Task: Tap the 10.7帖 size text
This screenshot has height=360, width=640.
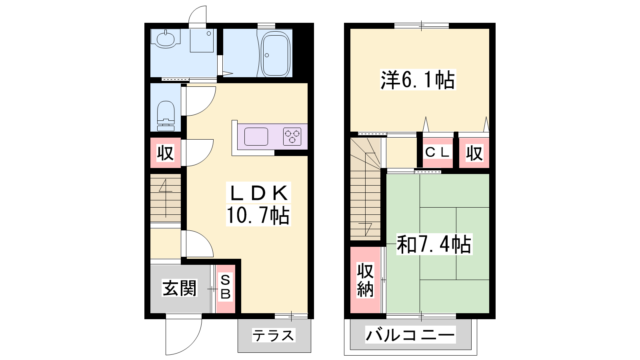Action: [258, 215]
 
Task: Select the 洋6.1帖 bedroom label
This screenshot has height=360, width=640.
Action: [418, 80]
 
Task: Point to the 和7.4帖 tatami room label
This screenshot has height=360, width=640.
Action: [434, 244]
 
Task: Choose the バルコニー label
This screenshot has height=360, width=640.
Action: [410, 335]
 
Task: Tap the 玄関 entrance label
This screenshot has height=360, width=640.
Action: [180, 288]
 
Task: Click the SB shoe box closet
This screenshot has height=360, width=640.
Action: [226, 288]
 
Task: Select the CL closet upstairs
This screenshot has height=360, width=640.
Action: [438, 153]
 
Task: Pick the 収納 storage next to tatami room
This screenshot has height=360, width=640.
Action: [366, 280]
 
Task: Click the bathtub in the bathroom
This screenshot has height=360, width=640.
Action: [276, 54]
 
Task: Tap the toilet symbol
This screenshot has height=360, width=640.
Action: [166, 116]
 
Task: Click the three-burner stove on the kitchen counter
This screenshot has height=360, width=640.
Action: [292, 136]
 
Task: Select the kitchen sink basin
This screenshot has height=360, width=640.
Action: [256, 136]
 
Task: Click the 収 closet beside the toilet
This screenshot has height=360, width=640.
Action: [166, 153]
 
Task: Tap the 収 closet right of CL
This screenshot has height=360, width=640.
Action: [474, 153]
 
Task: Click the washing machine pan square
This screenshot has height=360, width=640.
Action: [202, 40]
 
